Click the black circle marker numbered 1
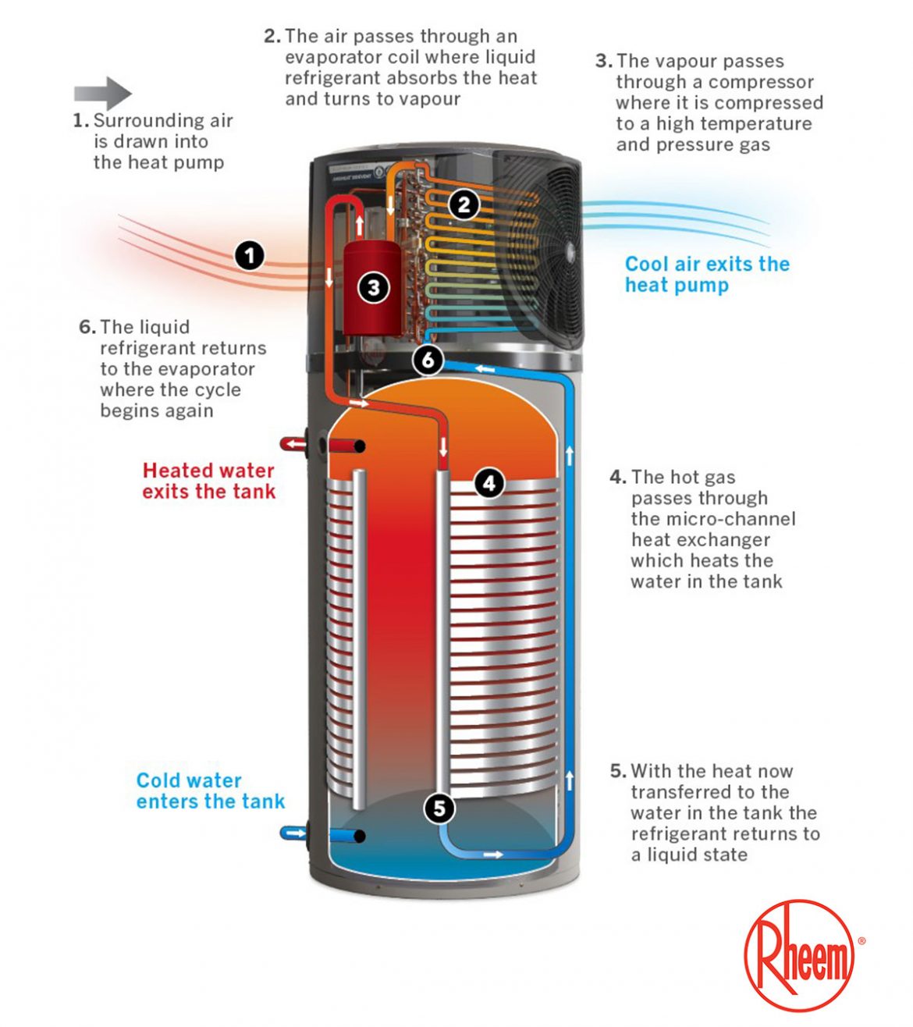point(250,255)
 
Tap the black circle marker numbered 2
point(464,204)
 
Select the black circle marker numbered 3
point(373,288)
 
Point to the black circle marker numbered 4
point(489,483)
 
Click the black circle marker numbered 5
point(439,808)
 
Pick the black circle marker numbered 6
point(428,360)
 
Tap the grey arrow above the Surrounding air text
point(103,94)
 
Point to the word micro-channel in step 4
point(713,519)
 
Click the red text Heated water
point(208,471)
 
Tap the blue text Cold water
point(189,780)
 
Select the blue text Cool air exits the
point(707,264)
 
